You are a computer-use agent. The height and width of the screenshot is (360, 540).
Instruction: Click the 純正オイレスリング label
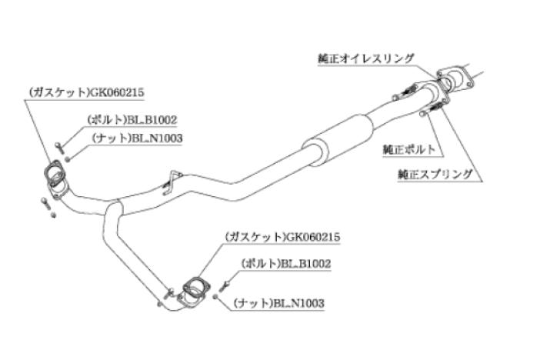(x=365, y=58)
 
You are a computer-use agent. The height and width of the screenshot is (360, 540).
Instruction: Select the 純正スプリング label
(x=435, y=174)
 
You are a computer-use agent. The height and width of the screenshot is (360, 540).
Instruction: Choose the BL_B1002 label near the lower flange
(x=285, y=263)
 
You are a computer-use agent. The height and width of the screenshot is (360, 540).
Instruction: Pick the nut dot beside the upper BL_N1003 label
(x=68, y=158)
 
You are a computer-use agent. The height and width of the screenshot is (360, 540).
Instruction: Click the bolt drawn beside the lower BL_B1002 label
(x=224, y=284)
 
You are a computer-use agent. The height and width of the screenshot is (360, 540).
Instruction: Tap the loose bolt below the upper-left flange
(x=44, y=203)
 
